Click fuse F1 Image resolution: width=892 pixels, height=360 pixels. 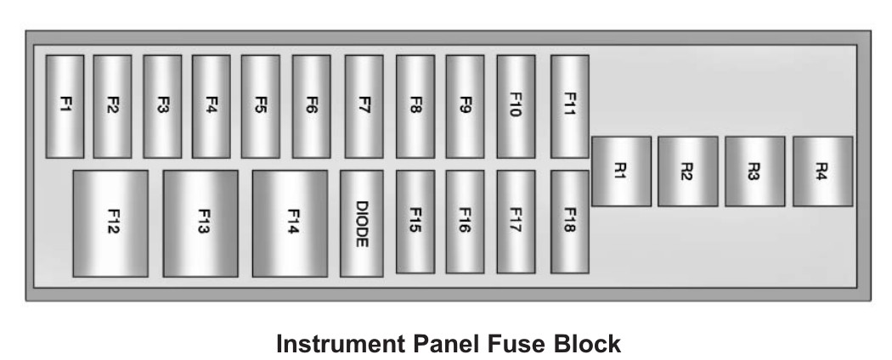[x=65, y=106]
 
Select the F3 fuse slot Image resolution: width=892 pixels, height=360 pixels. [x=162, y=106]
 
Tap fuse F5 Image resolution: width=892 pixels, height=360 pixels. [x=260, y=106]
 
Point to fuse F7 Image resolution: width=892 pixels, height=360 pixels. [x=364, y=106]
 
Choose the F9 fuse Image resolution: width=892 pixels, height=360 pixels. [x=465, y=106]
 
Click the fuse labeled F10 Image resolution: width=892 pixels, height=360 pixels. [x=516, y=106]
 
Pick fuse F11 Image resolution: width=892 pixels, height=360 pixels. [x=569, y=106]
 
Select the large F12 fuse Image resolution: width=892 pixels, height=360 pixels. [x=110, y=223]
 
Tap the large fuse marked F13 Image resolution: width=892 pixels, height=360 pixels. [x=200, y=223]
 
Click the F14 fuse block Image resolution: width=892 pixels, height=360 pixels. [x=290, y=223]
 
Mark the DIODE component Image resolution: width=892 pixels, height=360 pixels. [x=361, y=223]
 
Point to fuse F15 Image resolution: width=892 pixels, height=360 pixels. [x=415, y=222]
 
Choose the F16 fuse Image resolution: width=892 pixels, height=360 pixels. [x=465, y=222]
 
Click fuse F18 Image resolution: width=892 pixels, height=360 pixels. [x=569, y=222]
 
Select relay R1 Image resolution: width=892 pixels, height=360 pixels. [x=621, y=172]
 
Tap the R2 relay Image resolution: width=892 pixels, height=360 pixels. [x=688, y=172]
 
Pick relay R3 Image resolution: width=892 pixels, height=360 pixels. [x=755, y=172]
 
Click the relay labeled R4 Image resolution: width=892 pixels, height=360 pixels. [x=822, y=172]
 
